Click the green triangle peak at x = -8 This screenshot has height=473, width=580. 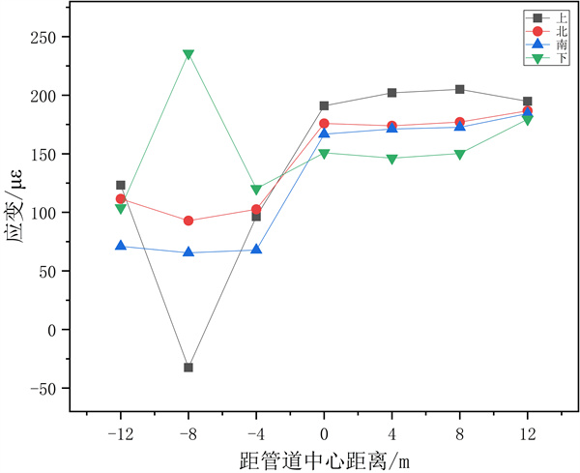point(188,54)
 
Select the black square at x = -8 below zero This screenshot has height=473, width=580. point(188,368)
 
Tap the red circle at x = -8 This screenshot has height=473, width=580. point(188,221)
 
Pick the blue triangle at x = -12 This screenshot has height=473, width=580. point(121,246)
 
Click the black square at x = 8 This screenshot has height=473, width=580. point(460,89)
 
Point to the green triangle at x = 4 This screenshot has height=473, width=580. point(391,158)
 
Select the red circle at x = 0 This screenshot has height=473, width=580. point(324,124)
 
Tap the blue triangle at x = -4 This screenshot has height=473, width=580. point(256,249)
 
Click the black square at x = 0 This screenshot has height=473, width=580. point(324,105)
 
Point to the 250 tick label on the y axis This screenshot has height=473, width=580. point(44,37)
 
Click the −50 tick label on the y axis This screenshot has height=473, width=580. point(43,388)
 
